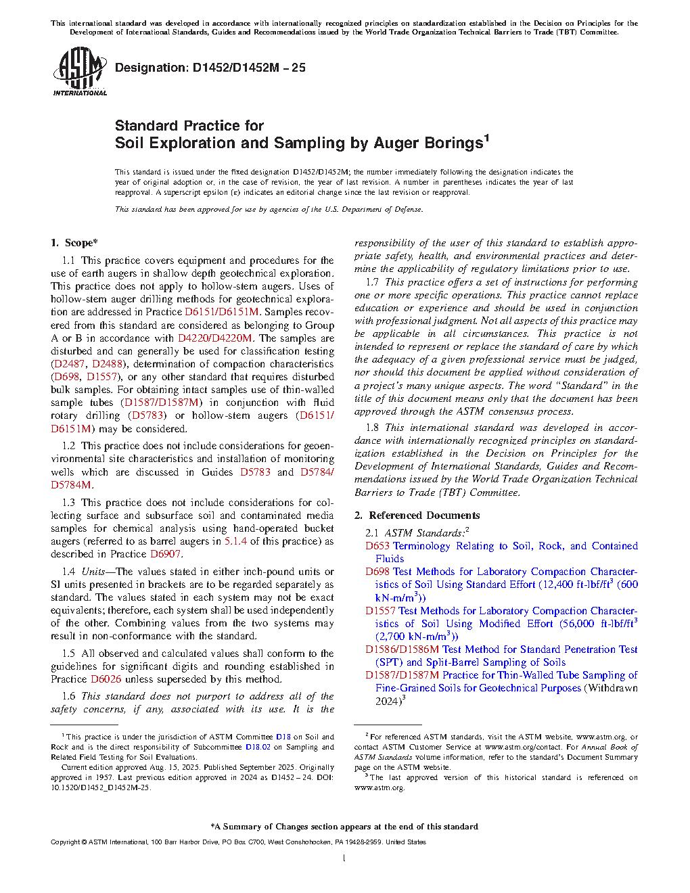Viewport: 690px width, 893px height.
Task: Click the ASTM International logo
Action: coord(79,71)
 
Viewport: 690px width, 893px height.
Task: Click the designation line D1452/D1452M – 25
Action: coord(210,68)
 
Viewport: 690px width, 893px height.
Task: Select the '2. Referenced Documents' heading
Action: coord(417,516)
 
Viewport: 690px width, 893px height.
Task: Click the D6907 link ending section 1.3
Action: coord(165,554)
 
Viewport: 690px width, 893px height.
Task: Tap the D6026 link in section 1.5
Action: coord(106,679)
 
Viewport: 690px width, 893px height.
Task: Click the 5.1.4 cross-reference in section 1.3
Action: coord(235,541)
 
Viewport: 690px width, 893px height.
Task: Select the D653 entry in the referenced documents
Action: coord(377,546)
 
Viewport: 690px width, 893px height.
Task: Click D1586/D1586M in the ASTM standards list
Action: coord(402,649)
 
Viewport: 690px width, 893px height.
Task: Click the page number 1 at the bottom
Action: coord(344,858)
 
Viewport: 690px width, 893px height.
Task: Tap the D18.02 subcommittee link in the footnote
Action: coord(258,747)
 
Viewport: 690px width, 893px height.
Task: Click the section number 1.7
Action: coord(372,282)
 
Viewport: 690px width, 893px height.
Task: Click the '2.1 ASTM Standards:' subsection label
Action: coord(416,533)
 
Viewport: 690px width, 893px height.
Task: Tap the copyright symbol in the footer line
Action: coord(84,842)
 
